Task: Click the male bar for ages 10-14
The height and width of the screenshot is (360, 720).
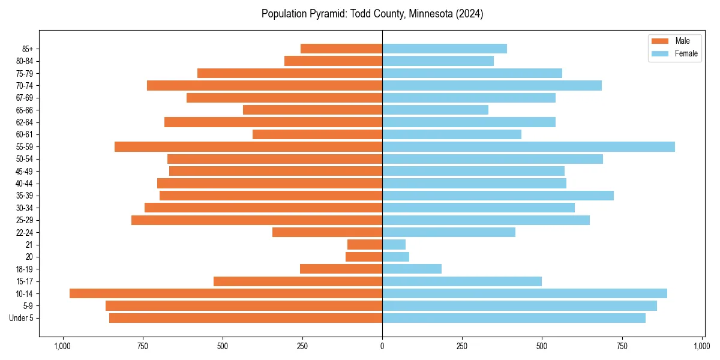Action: coord(226,293)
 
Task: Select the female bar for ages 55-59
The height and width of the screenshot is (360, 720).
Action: coord(528,146)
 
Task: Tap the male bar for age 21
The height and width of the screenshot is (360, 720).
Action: coord(365,244)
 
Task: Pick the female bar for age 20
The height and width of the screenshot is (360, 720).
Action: coord(395,257)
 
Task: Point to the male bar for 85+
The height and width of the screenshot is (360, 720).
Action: coord(341,49)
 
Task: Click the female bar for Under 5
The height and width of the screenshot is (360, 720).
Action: coord(514,318)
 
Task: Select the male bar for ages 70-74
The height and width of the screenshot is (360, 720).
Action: coord(265,85)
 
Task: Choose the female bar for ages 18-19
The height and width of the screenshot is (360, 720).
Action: coord(412,269)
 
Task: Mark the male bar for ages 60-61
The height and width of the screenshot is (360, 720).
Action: coord(317,134)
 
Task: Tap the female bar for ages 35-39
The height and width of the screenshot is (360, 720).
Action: coord(498,196)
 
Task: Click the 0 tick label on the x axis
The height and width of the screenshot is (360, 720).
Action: coord(382,346)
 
